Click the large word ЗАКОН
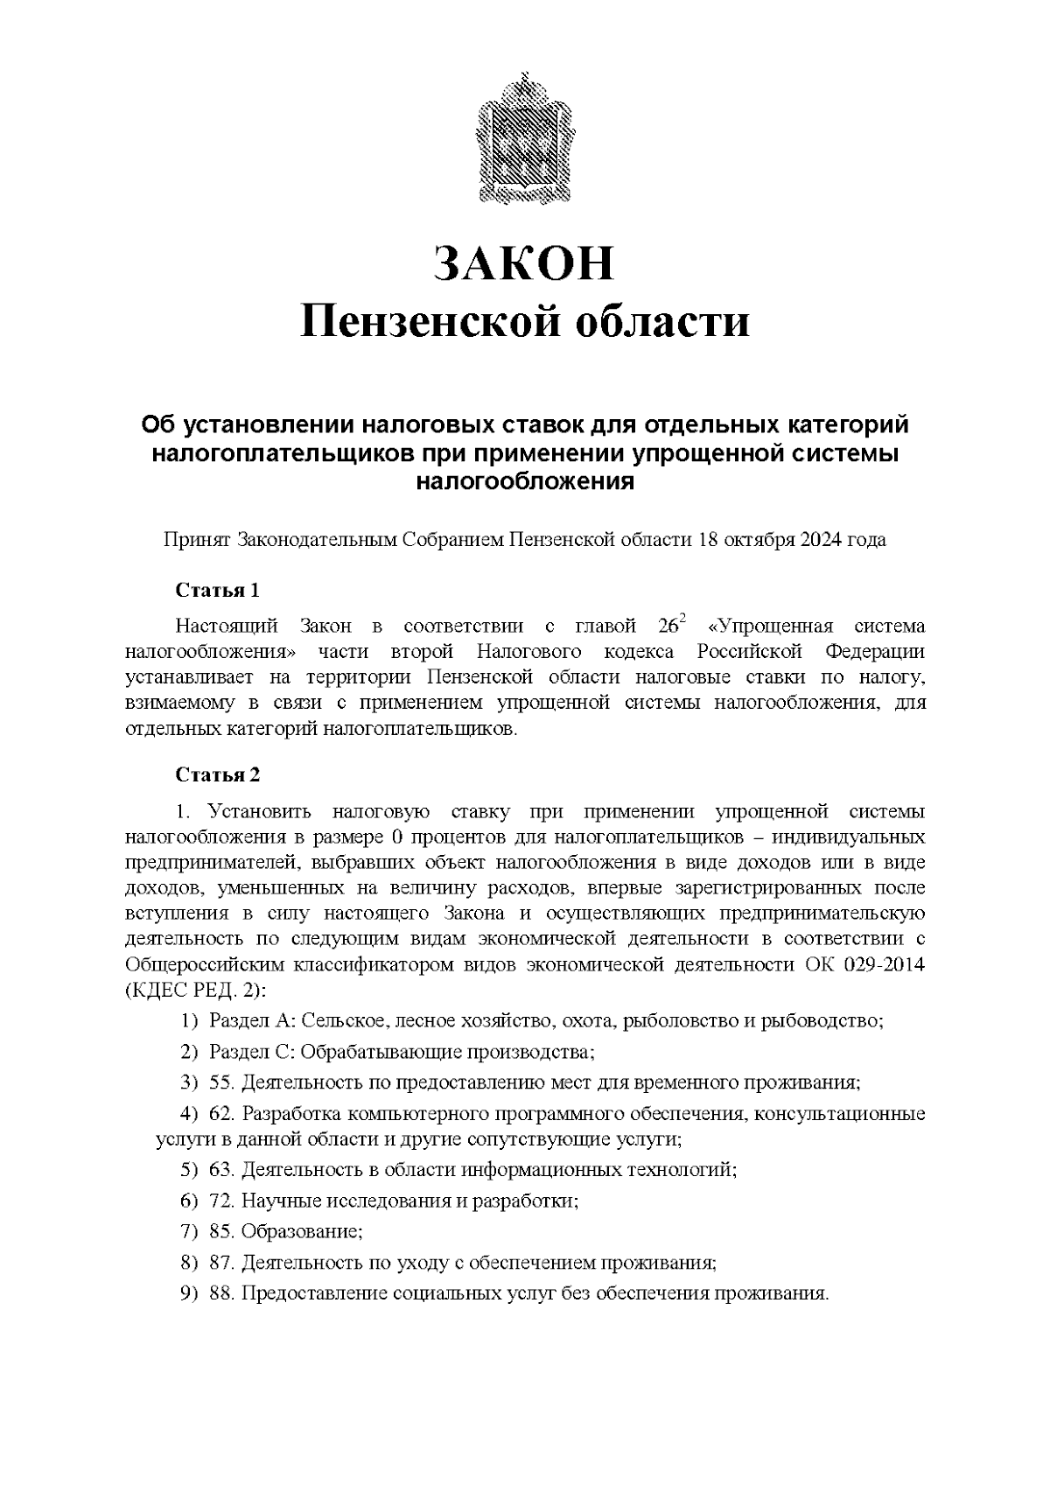[x=524, y=264]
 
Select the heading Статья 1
[x=217, y=590]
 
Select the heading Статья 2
[x=217, y=774]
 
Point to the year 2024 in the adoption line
[x=818, y=539]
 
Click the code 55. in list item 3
[x=222, y=1083]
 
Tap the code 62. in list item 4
[x=222, y=1114]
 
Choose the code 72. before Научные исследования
[x=222, y=1201]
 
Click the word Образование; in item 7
[x=302, y=1231]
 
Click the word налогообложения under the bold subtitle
[x=524, y=480]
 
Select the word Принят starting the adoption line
[x=196, y=539]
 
